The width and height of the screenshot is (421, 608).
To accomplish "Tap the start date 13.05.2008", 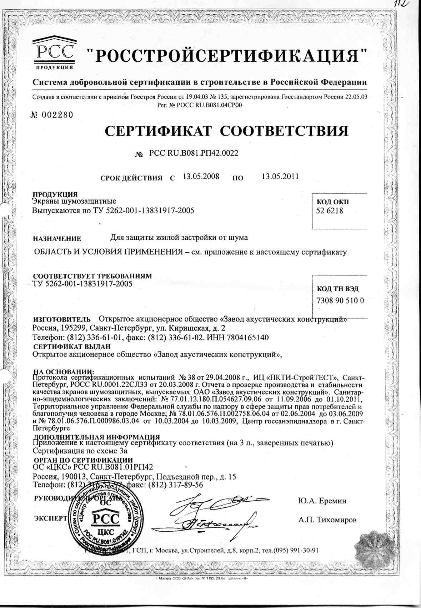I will pos(201,176).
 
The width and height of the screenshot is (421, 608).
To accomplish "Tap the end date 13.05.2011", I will pos(280,176).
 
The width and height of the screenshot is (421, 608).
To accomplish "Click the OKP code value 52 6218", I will pos(329,211).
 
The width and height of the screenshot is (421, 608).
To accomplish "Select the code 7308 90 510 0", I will pos(340,301).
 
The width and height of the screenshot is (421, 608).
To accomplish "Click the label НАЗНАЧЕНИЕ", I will pos(57,239).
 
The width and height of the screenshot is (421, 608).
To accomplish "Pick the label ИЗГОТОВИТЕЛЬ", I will pos(62,319).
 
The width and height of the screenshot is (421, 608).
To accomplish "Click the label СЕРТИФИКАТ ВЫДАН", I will pos(72,346).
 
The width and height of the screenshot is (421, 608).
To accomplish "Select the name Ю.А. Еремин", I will pos(322,501).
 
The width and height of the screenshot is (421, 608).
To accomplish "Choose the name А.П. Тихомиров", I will pos(327,520).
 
